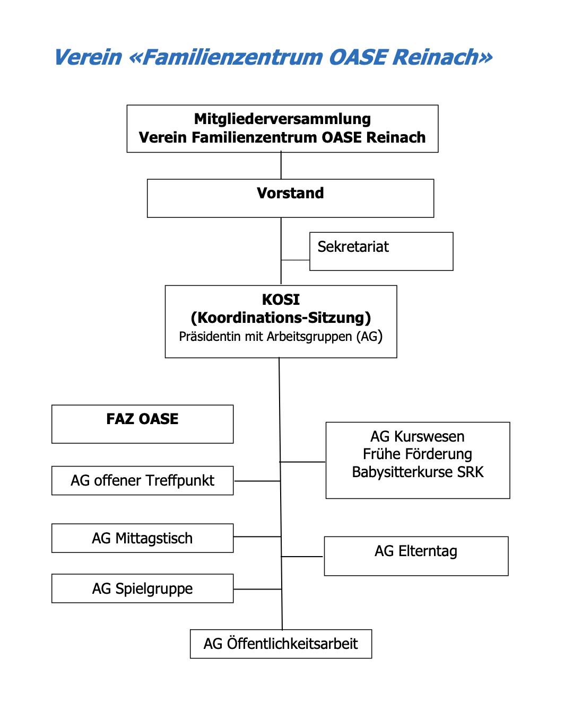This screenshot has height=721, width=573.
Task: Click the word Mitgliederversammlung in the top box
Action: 282,119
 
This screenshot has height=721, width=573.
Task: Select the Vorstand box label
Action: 290,193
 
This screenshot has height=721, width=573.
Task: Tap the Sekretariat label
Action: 353,247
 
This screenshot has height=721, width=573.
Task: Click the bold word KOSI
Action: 281,300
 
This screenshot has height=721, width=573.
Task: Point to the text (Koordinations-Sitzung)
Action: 281,318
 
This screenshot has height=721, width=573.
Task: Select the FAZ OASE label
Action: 142,419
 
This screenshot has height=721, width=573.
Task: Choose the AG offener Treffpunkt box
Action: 142,480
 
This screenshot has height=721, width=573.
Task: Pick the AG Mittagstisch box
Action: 142,538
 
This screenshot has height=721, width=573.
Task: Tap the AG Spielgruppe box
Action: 142,588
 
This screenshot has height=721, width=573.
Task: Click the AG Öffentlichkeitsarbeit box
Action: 281,644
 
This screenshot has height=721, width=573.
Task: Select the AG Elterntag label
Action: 416,551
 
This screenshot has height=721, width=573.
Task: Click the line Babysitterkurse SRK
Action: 418,472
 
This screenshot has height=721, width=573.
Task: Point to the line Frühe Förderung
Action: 418,454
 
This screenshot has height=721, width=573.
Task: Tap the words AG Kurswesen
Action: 418,436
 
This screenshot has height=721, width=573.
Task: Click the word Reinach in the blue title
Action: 442,57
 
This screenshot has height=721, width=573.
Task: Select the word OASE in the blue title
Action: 358,57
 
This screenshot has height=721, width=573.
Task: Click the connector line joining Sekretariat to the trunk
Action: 295,260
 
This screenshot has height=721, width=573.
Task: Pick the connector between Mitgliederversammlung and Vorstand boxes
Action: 281,165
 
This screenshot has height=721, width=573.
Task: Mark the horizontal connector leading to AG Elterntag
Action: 301,557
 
